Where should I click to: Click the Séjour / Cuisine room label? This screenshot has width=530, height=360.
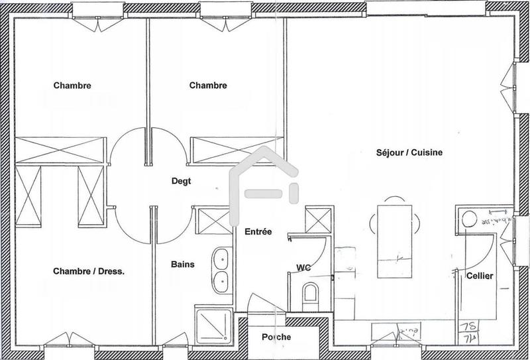409,152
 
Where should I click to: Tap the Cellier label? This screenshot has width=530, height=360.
479,276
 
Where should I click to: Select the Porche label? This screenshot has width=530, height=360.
276,337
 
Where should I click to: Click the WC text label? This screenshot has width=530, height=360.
303,268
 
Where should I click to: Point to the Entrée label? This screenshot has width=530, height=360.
258,231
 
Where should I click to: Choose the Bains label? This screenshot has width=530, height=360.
183,265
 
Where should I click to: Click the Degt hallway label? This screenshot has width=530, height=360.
182,180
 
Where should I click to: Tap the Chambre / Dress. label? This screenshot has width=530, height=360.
89,270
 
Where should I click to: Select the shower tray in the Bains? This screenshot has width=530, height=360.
213,325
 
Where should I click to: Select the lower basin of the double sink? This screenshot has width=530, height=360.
221,281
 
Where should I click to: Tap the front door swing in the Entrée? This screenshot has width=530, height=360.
262,302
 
